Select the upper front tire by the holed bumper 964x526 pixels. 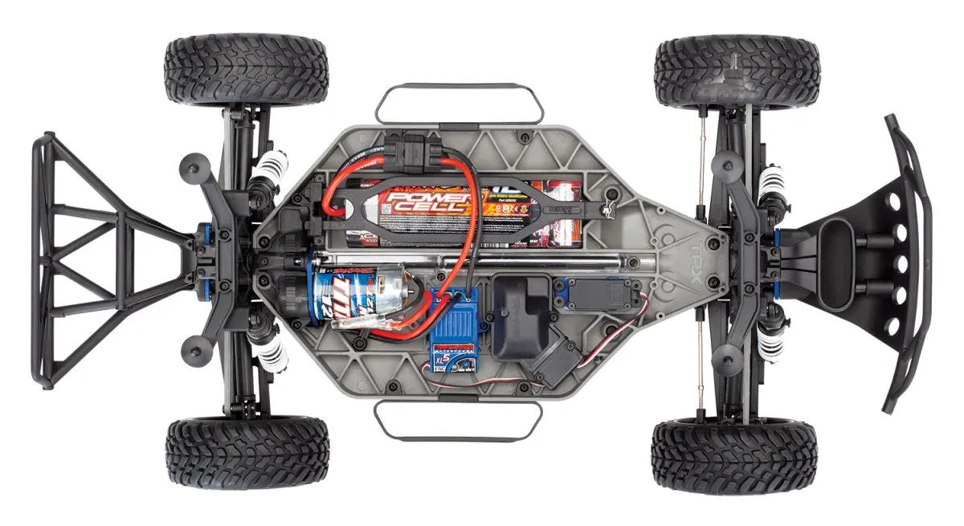(x=736, y=71)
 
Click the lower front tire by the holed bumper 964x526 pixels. (x=733, y=455)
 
